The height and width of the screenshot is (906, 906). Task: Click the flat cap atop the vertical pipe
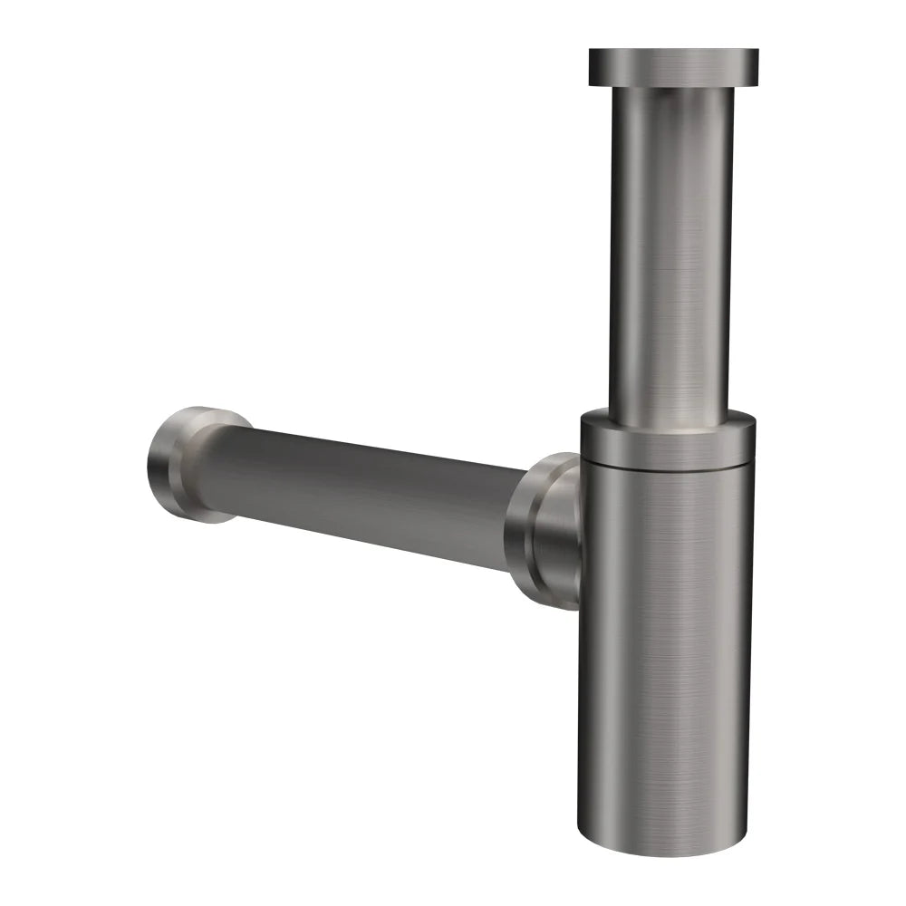(674, 65)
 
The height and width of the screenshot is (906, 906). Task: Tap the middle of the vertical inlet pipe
(671, 254)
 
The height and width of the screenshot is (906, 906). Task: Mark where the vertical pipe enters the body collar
(670, 419)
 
